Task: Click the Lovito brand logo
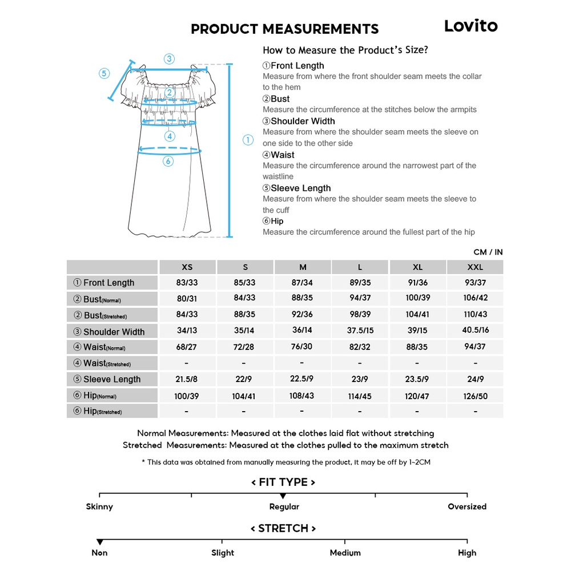tap(471, 26)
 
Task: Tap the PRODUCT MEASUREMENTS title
tap(284, 29)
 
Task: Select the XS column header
tap(187, 267)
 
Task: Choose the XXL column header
tap(475, 267)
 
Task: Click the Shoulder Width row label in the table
tap(112, 332)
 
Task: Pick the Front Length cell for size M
tap(303, 283)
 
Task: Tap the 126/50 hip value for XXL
tap(475, 396)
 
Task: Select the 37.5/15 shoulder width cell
tap(360, 331)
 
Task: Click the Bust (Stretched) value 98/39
tap(360, 315)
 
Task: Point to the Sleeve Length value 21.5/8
tap(187, 379)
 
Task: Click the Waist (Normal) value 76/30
tap(303, 347)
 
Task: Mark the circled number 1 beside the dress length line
tap(248, 140)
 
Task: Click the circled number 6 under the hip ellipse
tap(168, 161)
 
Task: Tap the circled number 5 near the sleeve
tap(104, 73)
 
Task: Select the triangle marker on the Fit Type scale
tap(283, 496)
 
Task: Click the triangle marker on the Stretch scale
tap(100, 541)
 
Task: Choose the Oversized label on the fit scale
tap(467, 506)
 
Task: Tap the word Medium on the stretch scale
tap(345, 553)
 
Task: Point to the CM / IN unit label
tap(488, 252)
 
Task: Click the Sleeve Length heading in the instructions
tap(300, 188)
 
